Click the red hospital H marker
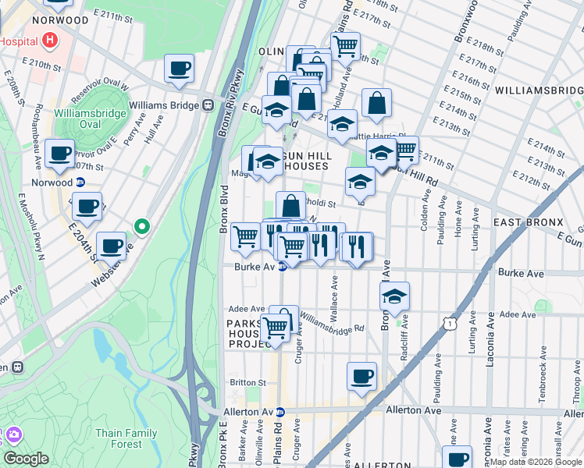click(51, 38)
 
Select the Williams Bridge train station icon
click(208, 105)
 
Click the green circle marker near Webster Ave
click(141, 227)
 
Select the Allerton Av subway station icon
click(280, 411)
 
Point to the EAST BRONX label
click(528, 222)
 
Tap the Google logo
click(26, 459)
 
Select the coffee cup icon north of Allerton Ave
click(361, 376)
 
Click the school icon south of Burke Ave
click(395, 296)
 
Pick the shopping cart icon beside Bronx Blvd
click(246, 235)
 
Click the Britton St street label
click(248, 382)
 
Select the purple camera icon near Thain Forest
click(13, 434)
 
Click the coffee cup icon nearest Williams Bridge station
click(180, 68)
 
